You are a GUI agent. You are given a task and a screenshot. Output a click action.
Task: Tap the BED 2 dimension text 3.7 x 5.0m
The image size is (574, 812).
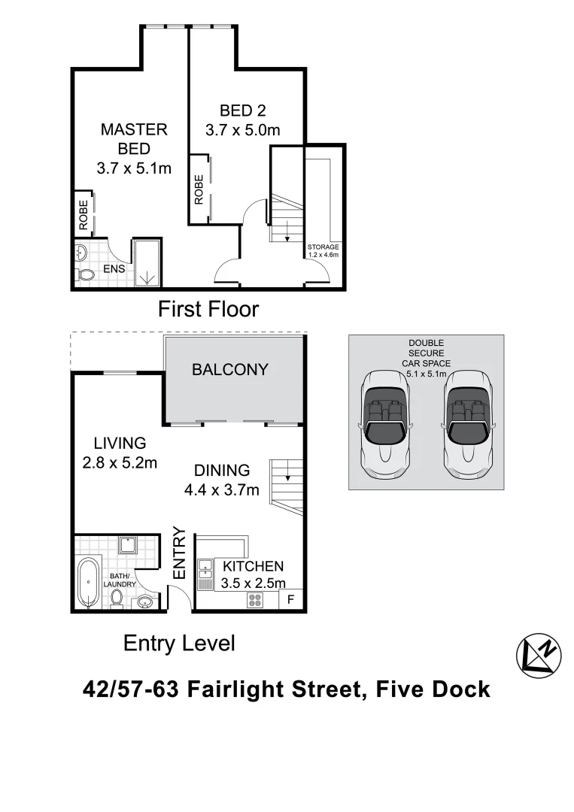point(242,129)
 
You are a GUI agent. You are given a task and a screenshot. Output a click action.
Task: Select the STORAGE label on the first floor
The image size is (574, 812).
point(323,247)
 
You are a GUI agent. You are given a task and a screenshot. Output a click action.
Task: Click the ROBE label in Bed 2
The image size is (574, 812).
point(199,189)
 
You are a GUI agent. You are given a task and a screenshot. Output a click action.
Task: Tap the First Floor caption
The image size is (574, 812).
point(208,309)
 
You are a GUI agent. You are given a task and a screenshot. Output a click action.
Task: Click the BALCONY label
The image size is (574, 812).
point(229,369)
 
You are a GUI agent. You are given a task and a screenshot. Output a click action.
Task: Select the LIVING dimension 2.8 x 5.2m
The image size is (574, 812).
point(120,462)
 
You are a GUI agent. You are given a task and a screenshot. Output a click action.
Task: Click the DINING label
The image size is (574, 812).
point(222,471)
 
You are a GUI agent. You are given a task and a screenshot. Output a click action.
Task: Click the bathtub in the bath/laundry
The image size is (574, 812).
point(88,583)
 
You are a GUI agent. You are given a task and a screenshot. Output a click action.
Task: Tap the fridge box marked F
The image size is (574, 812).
point(291,599)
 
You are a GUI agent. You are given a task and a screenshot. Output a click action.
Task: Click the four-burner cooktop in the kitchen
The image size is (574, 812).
point(254,600)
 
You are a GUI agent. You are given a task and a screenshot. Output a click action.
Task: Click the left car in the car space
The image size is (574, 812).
point(385,424)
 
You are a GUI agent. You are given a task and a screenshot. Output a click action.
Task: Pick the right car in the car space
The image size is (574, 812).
point(466,424)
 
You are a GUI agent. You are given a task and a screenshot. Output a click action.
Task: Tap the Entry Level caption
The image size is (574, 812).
point(179,644)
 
